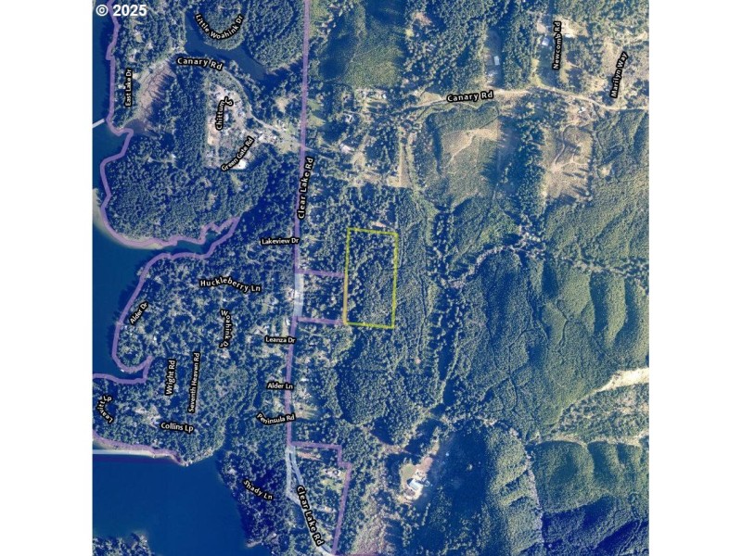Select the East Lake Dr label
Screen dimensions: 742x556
click(129, 86)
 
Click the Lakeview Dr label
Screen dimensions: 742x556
click(280, 241)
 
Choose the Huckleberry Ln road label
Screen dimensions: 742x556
click(230, 285)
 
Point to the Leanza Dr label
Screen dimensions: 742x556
click(279, 340)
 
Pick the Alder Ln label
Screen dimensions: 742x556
click(280, 385)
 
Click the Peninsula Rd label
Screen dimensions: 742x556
click(275, 418)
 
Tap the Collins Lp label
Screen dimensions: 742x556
click(176, 427)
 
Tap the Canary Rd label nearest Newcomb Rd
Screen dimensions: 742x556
click(470, 96)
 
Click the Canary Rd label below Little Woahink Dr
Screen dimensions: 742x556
click(199, 64)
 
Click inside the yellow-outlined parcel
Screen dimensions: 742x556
click(371, 278)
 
